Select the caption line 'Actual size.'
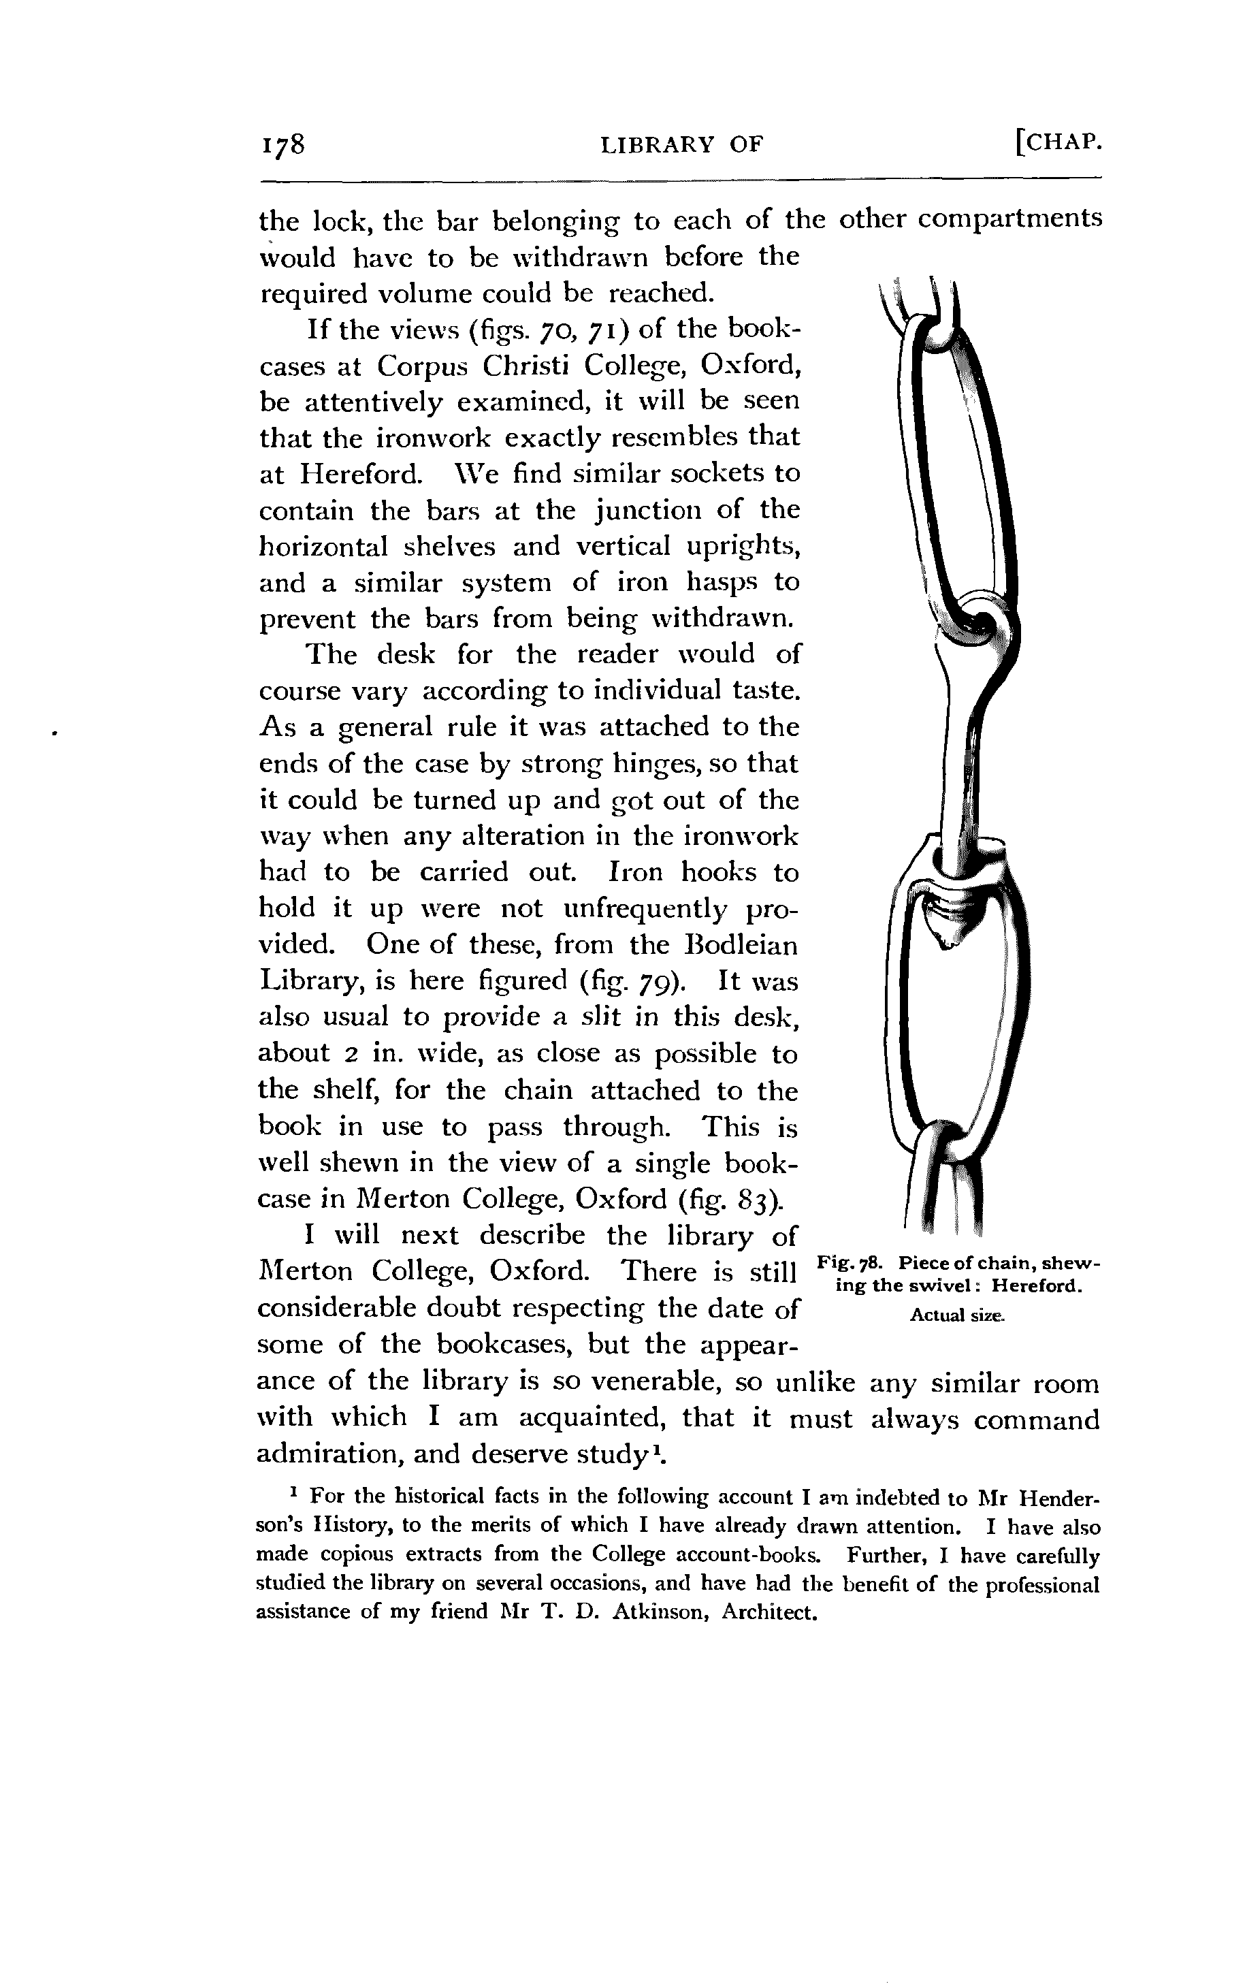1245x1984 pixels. pyautogui.click(x=957, y=1315)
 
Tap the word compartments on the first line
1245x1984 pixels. pyautogui.click(x=1009, y=219)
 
